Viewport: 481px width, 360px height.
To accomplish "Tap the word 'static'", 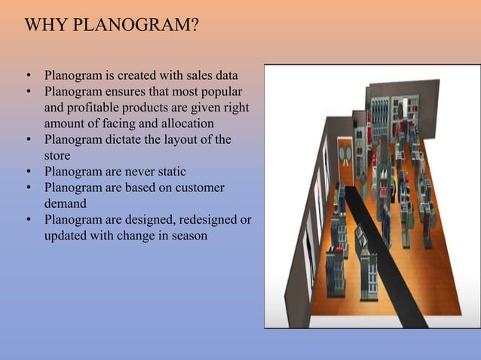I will (170, 172).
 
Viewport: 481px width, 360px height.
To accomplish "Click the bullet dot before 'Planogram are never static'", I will (28, 172).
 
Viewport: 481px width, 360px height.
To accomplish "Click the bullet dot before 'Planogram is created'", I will (28, 76).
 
